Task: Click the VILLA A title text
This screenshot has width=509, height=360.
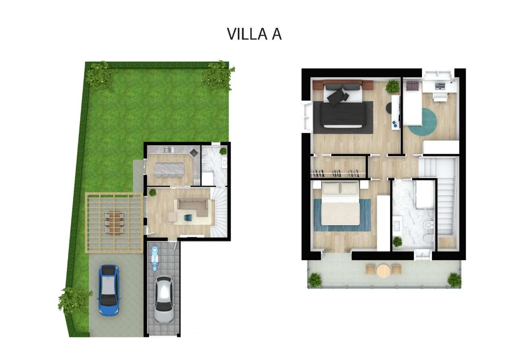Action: coord(254,34)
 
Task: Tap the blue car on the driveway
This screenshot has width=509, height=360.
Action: coord(109,290)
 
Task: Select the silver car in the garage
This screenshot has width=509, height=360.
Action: coord(163,299)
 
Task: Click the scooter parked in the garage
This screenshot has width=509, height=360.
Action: coord(155,258)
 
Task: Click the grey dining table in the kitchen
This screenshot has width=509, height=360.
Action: coord(169,169)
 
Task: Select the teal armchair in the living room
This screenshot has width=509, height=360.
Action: coord(188,218)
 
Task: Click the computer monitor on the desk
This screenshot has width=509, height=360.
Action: coord(440,86)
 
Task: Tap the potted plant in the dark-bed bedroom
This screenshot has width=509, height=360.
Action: coord(392,87)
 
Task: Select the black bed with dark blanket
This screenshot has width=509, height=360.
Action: coord(343,105)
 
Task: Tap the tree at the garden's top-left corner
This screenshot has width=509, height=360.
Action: coord(101,76)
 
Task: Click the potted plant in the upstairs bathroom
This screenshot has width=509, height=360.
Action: coord(397,241)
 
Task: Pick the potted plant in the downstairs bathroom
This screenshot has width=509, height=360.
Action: coord(223,151)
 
